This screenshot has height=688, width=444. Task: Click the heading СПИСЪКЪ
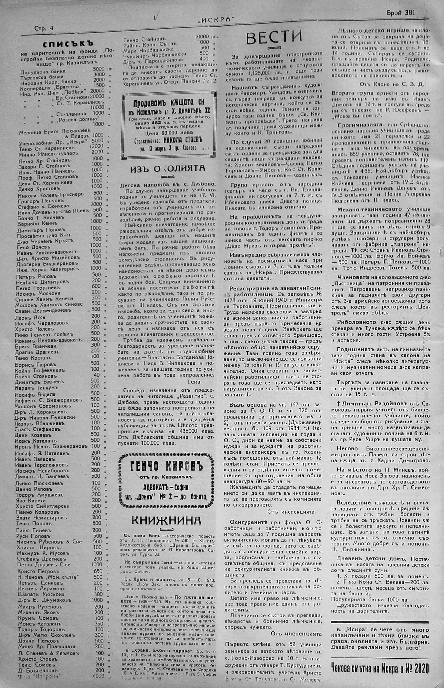[68, 44]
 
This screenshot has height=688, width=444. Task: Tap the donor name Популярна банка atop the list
[43, 71]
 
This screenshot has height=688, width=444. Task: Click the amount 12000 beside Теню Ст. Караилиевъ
[96, 146]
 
